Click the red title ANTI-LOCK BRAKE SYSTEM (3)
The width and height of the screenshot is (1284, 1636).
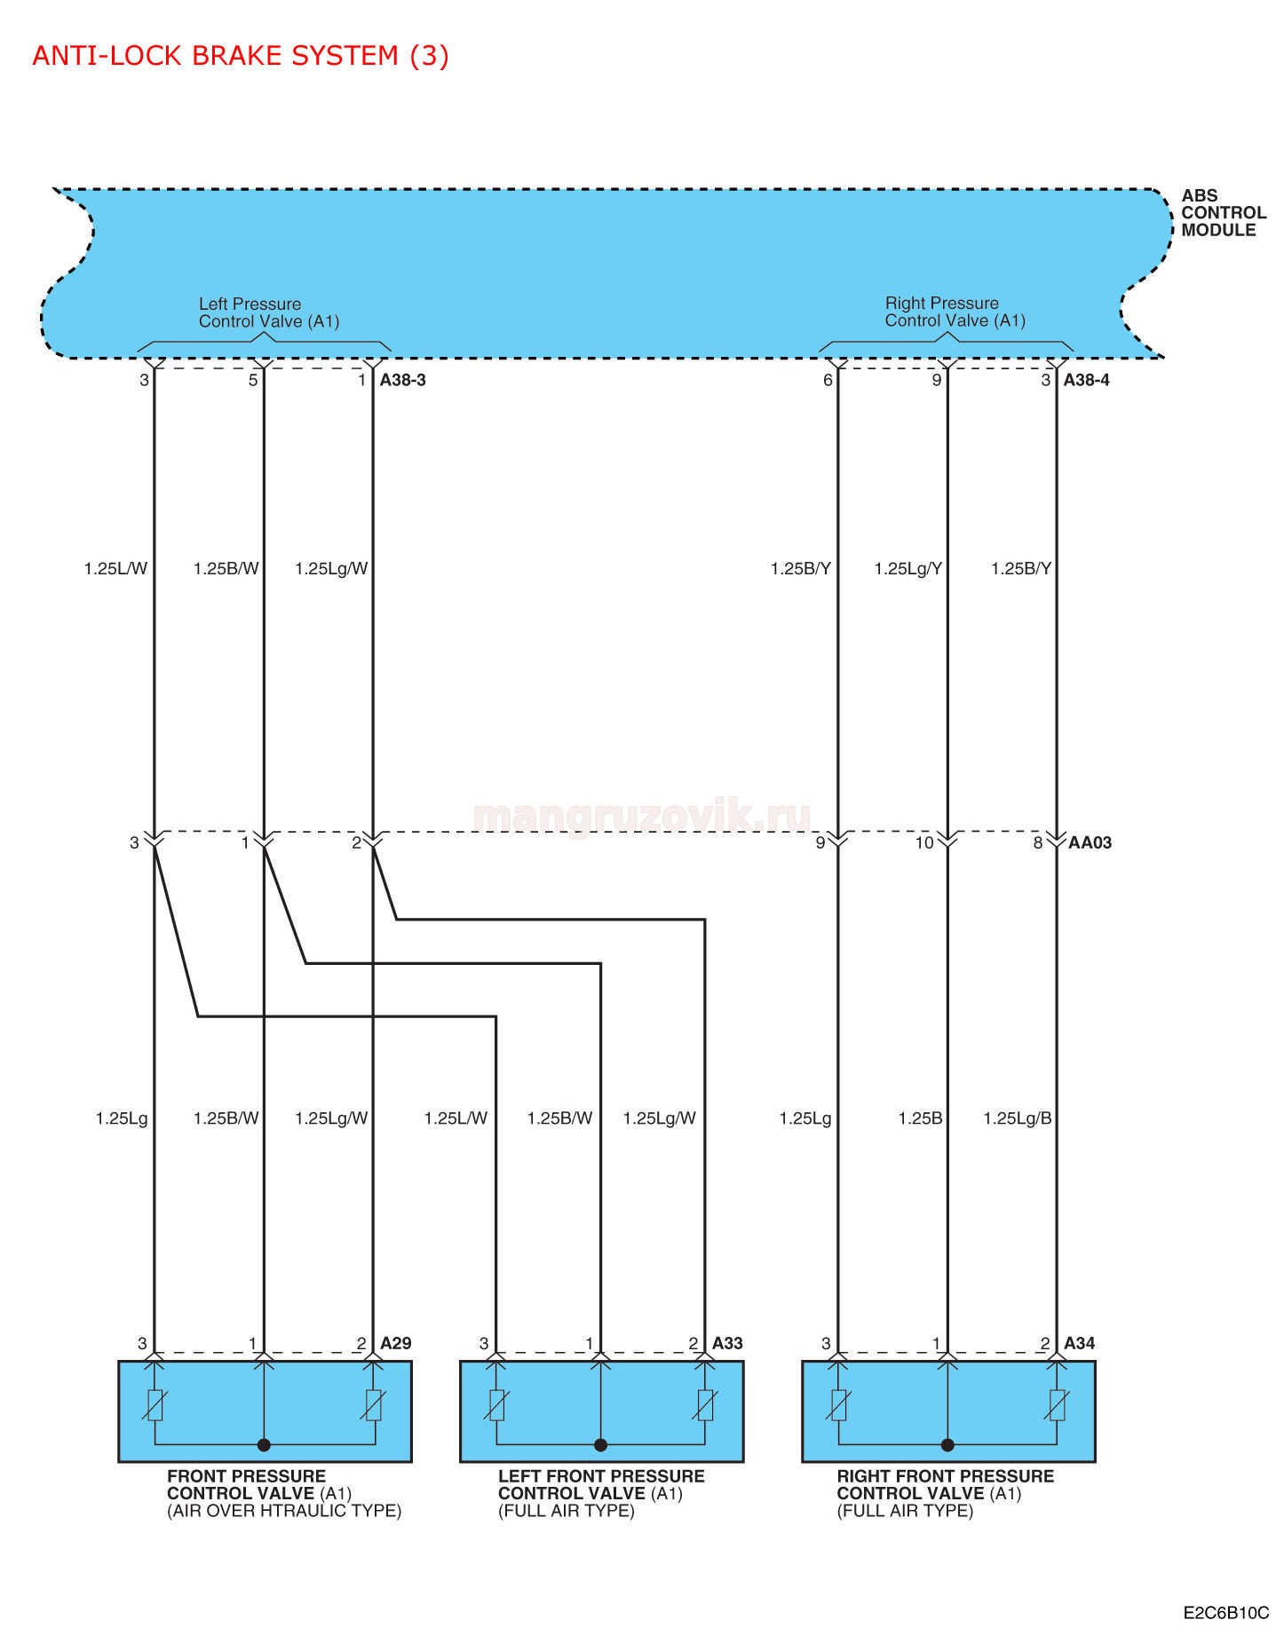coord(241,56)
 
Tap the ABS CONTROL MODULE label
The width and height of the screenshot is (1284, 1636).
coord(1223,213)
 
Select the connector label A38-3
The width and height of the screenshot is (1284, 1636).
coord(403,380)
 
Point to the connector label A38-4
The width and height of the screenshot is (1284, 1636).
coord(1087,380)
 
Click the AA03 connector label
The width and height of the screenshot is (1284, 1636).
coord(1090,842)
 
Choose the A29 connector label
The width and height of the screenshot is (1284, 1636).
coord(396,1343)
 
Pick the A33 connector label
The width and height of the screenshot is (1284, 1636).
coord(727,1343)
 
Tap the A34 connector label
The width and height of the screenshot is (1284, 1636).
coord(1080,1343)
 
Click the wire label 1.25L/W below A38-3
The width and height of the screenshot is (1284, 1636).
coord(115,569)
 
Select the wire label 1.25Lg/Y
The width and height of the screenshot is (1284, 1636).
coord(908,569)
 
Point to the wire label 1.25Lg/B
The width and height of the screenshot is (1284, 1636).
coord(1018,1118)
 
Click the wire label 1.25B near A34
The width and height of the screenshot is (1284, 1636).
coord(920,1118)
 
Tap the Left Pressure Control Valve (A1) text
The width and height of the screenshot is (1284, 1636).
coord(269,312)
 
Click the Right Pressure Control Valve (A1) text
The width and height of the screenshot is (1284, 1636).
coord(955,312)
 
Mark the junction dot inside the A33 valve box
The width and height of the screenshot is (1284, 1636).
coord(600,1445)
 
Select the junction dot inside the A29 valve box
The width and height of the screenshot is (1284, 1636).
coord(264,1445)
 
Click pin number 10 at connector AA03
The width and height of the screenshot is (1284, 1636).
coord(924,842)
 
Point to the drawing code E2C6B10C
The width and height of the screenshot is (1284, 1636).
coord(1226,1613)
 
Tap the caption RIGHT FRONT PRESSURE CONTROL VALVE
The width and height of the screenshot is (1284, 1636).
coord(946,1484)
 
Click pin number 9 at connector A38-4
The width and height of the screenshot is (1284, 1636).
coord(937,380)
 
